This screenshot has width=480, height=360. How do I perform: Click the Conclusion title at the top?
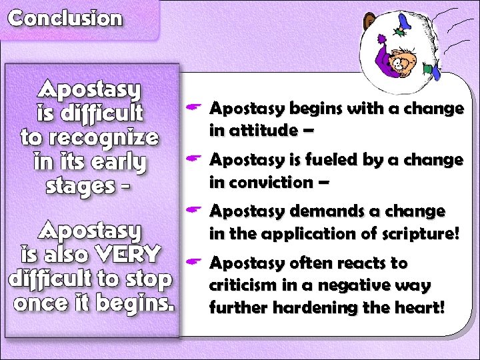pos(65,18)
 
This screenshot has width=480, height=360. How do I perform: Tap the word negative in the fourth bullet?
pos(353,285)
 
